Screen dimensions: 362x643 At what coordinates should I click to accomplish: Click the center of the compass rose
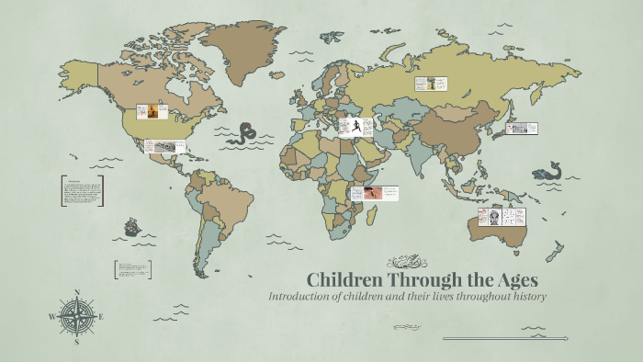pyautogui.click(x=77, y=316)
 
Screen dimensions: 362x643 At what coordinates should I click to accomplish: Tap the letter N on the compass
pyautogui.click(x=77, y=292)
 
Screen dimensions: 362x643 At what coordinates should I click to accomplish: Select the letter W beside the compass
pyautogui.click(x=52, y=317)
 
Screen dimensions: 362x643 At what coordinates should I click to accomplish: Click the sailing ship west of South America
pyautogui.click(x=132, y=225)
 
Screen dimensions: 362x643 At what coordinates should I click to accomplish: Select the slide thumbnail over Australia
pyautogui.click(x=501, y=218)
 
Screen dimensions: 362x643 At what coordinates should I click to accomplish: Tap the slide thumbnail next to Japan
pyautogui.click(x=521, y=129)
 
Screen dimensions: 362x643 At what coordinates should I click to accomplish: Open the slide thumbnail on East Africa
pyautogui.click(x=376, y=193)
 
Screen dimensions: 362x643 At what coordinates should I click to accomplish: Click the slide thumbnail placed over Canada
pyautogui.click(x=152, y=111)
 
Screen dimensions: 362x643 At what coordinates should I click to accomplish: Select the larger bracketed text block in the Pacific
pyautogui.click(x=83, y=191)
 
